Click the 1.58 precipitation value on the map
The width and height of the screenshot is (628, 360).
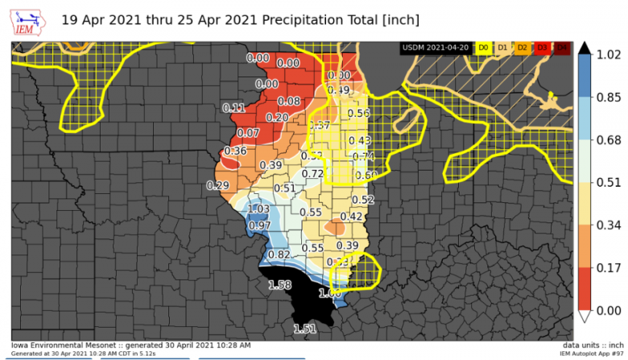click(279, 285)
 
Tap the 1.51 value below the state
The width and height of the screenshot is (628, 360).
click(304, 328)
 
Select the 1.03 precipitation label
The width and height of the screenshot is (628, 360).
click(258, 209)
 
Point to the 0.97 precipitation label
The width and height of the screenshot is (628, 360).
click(259, 226)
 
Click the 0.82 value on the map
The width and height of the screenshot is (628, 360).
click(278, 254)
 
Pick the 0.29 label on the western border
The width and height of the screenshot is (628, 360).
click(217, 185)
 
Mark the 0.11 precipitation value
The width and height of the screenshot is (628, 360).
click(233, 108)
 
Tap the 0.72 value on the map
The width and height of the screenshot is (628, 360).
click(312, 174)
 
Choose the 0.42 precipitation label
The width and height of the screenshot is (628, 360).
click(351, 216)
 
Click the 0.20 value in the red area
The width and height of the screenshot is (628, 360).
click(277, 118)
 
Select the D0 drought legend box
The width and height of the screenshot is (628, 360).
click(484, 48)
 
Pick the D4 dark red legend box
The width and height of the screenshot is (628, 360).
click(562, 48)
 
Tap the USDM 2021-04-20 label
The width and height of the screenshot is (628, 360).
click(436, 48)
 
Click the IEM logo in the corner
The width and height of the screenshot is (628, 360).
click(29, 21)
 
